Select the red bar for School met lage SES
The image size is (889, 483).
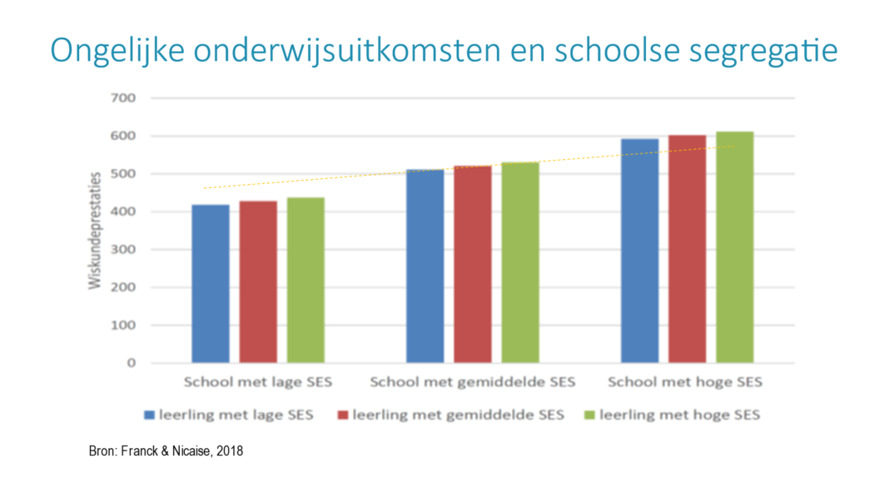tap(258, 281)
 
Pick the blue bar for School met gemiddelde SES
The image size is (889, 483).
tap(425, 266)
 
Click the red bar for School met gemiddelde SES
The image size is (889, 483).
tap(472, 264)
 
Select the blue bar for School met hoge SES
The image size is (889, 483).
tap(639, 251)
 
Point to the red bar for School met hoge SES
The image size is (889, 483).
tap(687, 249)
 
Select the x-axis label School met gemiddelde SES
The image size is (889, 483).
tap(472, 383)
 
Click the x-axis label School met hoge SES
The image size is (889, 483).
tap(684, 383)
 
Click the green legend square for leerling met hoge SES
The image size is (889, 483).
tap(589, 414)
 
